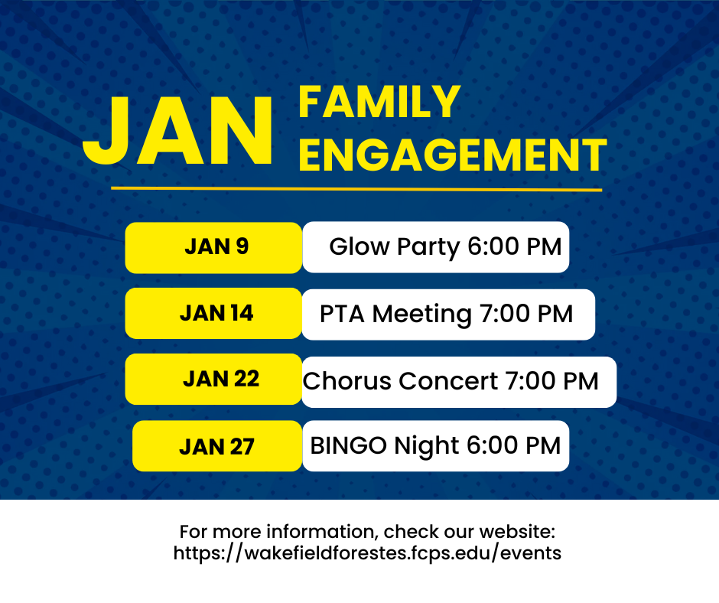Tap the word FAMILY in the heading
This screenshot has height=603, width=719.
click(x=379, y=103)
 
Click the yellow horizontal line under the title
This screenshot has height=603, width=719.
click(x=356, y=189)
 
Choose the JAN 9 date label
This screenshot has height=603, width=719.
click(x=216, y=247)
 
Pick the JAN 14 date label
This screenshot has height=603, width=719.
click(x=216, y=314)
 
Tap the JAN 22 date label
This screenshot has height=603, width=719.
click(x=221, y=380)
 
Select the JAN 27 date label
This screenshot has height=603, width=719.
click(x=216, y=447)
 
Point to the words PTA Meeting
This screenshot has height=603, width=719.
click(x=395, y=314)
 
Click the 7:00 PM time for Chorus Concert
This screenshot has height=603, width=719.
click(x=551, y=381)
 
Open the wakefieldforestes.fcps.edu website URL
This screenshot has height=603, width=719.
click(x=367, y=553)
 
